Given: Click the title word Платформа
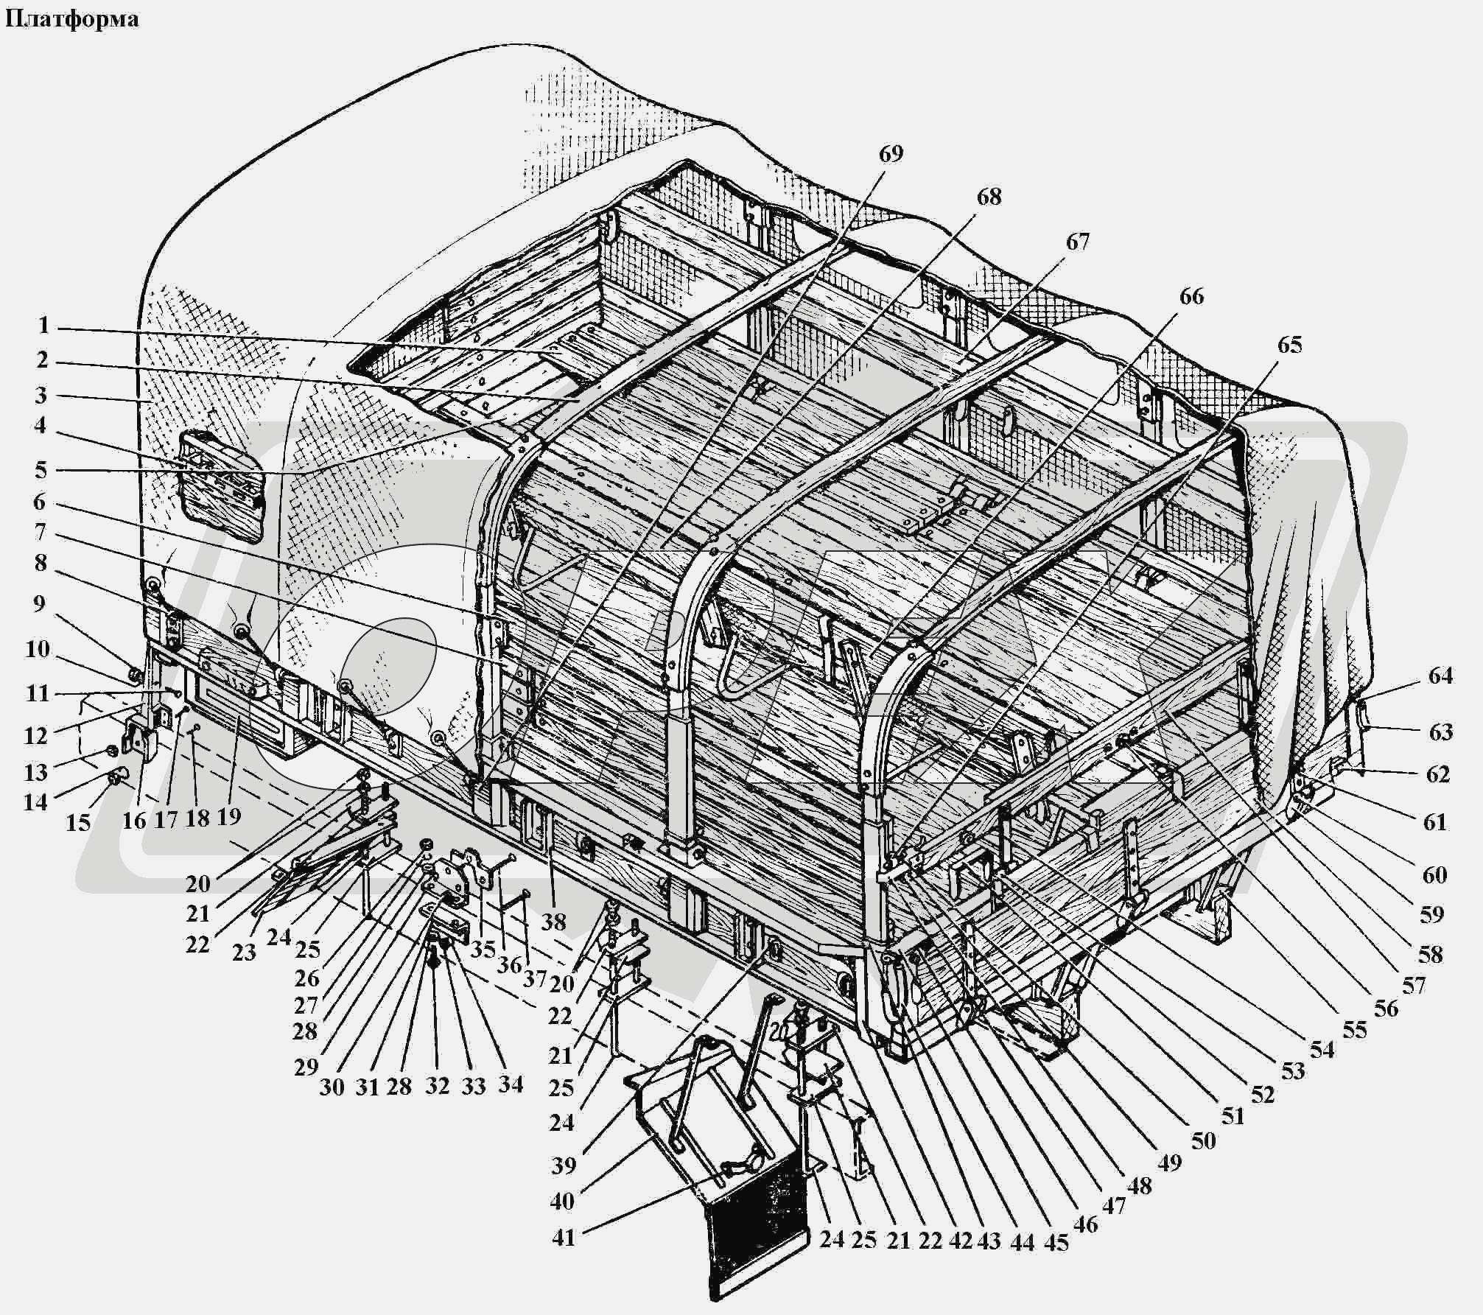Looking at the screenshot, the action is point(71,19).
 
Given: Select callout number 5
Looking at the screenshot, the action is point(41,469).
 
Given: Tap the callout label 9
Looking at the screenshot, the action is point(39,604).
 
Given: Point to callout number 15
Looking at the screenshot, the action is point(78,822).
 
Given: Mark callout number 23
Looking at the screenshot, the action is point(244,952).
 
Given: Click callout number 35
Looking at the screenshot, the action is point(483,948).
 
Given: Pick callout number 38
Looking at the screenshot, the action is point(553,921).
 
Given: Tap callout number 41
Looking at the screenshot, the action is point(564,1237).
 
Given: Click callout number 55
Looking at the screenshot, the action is point(1354,1029).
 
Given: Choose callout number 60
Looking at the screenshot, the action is point(1434,874).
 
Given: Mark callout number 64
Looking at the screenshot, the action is point(1440,675).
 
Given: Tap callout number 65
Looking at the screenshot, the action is point(1289,345).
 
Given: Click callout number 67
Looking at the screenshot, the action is point(1077,242).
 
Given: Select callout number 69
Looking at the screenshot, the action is point(890,154).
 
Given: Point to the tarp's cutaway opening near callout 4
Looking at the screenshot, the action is point(222,486).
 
